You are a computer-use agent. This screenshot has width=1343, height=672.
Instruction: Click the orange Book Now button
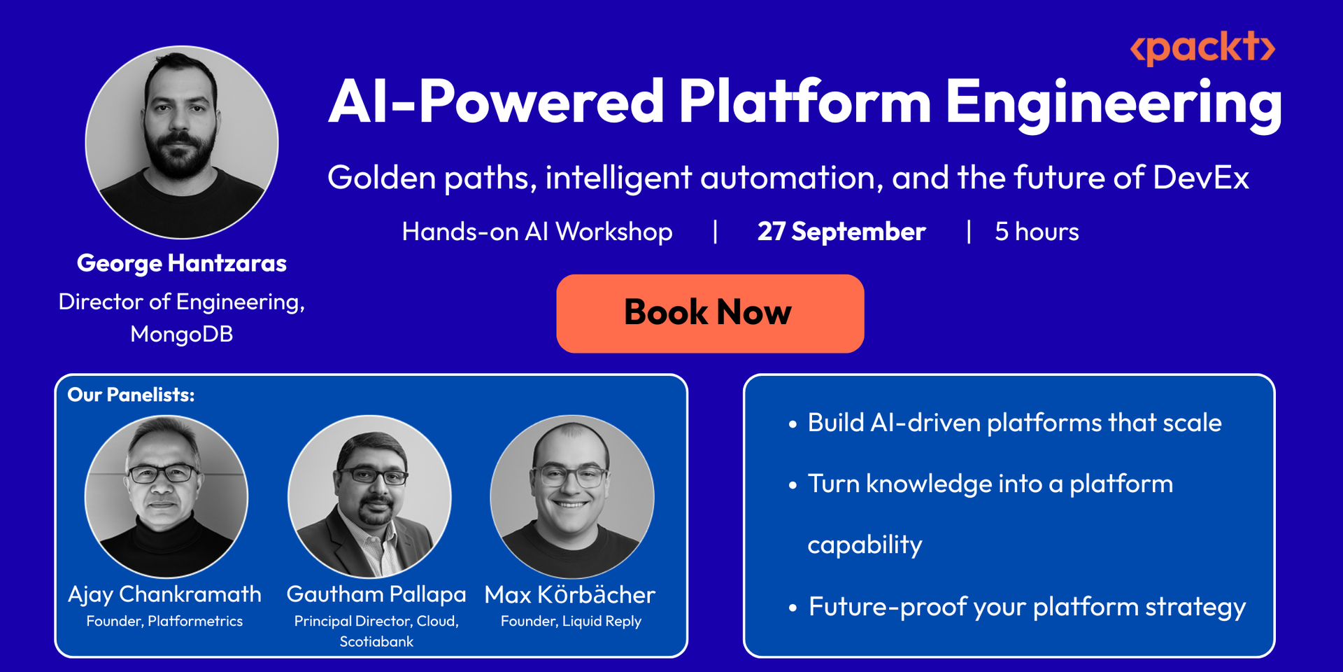pyautogui.click(x=710, y=314)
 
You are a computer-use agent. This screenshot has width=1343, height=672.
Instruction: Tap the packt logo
pyautogui.click(x=1202, y=48)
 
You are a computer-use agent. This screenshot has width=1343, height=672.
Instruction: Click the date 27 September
pyautogui.click(x=841, y=232)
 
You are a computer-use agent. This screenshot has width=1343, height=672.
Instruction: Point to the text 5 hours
pyautogui.click(x=1037, y=232)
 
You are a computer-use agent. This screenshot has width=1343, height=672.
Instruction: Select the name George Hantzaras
pyautogui.click(x=182, y=263)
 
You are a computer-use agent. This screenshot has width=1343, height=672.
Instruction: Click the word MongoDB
pyautogui.click(x=182, y=334)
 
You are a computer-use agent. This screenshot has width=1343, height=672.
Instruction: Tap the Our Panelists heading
pyautogui.click(x=131, y=395)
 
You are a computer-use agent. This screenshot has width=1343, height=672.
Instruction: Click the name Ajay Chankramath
pyautogui.click(x=164, y=594)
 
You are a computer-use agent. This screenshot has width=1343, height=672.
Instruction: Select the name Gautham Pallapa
pyautogui.click(x=376, y=594)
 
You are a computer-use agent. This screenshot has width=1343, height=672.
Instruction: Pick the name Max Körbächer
pyautogui.click(x=570, y=594)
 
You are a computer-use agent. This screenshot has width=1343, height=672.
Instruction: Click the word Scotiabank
pyautogui.click(x=376, y=641)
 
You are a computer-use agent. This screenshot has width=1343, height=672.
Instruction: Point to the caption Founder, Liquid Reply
pyautogui.click(x=571, y=621)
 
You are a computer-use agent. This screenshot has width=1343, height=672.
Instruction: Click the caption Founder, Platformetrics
pyautogui.click(x=164, y=621)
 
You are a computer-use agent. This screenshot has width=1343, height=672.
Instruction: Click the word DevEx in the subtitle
pyautogui.click(x=1201, y=177)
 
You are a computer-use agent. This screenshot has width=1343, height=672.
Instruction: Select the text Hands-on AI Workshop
pyautogui.click(x=537, y=232)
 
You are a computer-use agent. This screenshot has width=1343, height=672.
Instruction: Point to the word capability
pyautogui.click(x=865, y=545)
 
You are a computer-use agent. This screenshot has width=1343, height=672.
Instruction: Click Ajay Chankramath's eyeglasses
pyautogui.click(x=162, y=474)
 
